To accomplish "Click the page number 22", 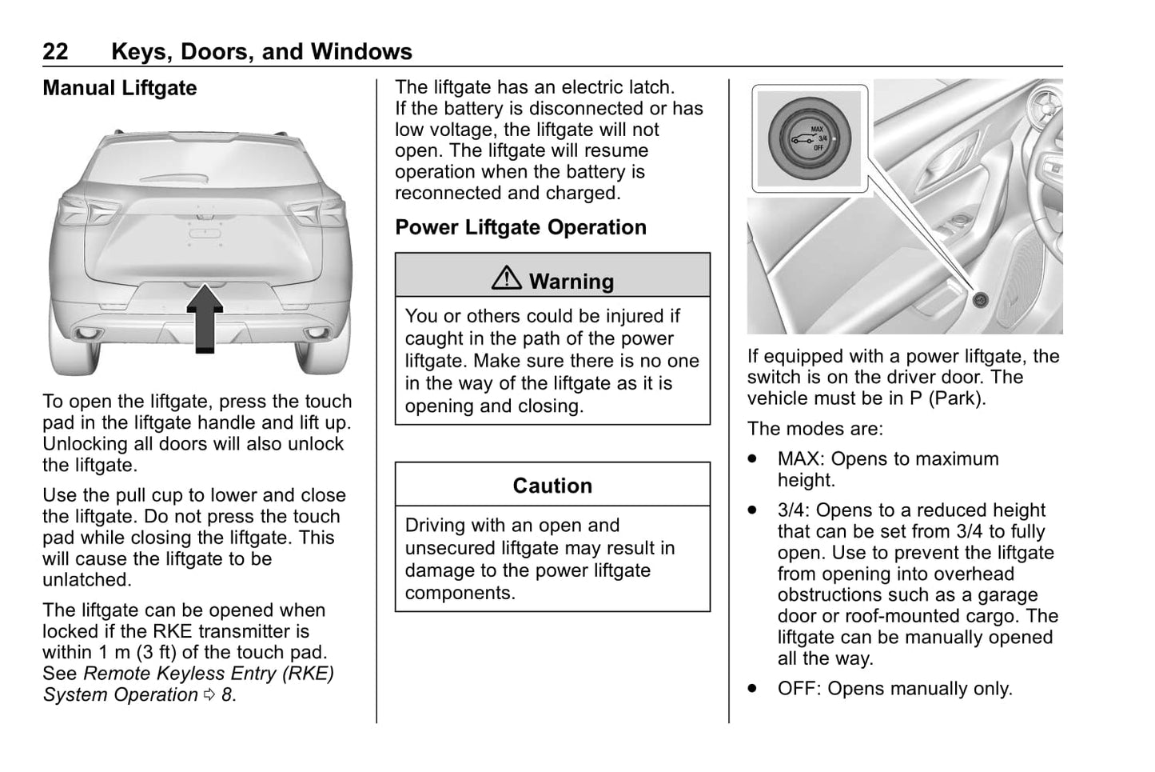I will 55,52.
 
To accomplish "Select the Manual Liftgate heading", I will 119,88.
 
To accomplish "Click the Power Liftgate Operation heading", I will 520,227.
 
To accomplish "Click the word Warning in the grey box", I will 572,282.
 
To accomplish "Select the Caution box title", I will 552,486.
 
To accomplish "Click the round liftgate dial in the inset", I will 809,138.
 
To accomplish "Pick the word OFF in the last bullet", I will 798,689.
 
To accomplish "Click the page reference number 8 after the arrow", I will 227,695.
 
